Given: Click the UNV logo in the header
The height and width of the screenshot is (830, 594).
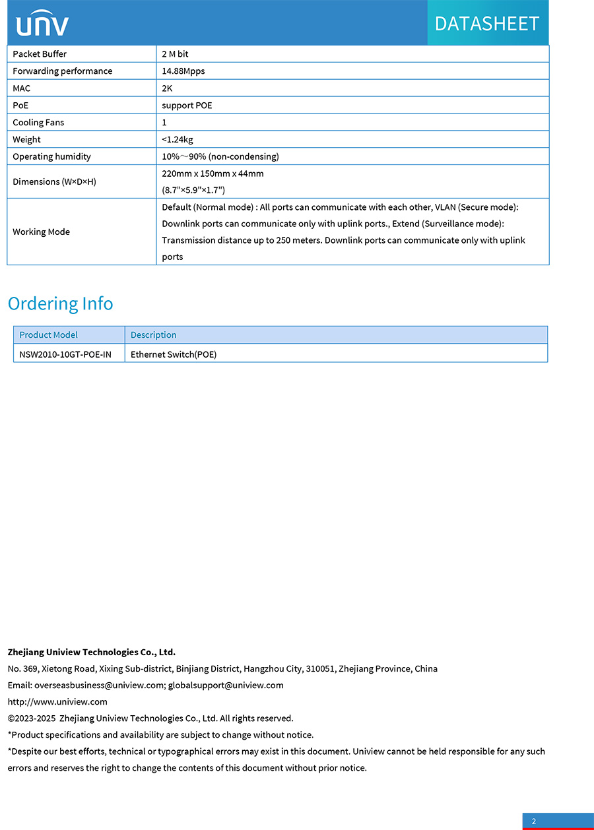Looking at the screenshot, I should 42,24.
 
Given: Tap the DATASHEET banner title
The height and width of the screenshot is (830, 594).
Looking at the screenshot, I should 487,24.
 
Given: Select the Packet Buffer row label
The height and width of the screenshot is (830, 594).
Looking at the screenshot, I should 40,54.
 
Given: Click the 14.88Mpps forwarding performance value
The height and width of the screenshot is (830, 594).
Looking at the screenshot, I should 183,71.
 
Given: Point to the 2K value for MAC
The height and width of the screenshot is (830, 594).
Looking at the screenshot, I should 167,88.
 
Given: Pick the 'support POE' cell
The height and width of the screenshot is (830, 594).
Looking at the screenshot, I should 187,106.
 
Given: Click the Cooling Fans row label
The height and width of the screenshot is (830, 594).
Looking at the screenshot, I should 38,123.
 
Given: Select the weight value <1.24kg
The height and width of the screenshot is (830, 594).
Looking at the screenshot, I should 178,140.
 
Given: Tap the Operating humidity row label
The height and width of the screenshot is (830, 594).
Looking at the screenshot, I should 51,157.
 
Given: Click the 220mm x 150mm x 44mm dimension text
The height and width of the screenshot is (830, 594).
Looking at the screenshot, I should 213,174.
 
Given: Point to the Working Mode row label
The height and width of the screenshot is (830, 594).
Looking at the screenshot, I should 41,232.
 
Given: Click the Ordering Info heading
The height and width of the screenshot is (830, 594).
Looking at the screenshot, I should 60,303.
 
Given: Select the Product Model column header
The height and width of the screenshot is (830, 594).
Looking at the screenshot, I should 48,335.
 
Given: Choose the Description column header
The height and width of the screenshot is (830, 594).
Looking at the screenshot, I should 153,335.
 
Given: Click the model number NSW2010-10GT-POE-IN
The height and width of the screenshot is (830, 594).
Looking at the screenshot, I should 65,355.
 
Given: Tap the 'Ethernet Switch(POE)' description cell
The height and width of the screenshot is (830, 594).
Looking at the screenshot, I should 174,355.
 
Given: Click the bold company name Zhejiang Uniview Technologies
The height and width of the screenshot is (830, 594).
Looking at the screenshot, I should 91,653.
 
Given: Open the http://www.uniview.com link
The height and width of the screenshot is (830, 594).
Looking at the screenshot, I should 57,702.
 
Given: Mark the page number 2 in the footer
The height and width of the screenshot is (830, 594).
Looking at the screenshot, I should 534,821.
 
